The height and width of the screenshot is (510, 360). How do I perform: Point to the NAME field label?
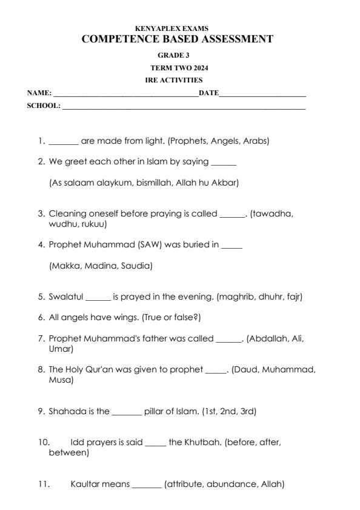pos(39,93)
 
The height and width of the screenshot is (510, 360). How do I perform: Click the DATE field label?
pos(208,93)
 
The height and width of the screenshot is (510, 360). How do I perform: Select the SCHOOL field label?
pos(44,106)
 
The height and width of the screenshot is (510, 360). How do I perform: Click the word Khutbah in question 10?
pos(203,442)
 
